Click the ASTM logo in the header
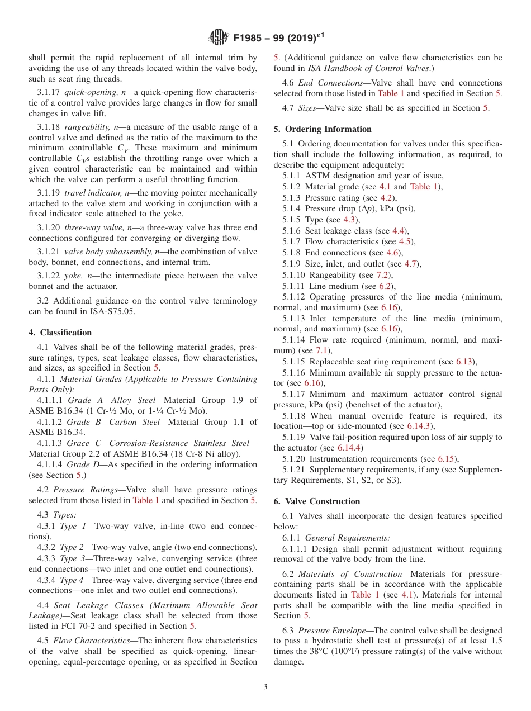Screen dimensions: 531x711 click(219, 38)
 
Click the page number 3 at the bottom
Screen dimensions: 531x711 click(265, 686)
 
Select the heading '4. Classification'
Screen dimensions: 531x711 click(60, 333)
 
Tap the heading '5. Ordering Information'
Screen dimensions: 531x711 click(323, 129)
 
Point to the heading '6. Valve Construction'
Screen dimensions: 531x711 click(317, 501)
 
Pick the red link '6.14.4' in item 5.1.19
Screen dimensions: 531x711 click(350, 448)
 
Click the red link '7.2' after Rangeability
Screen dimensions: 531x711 click(383, 274)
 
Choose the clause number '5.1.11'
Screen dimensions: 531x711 click(294, 286)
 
